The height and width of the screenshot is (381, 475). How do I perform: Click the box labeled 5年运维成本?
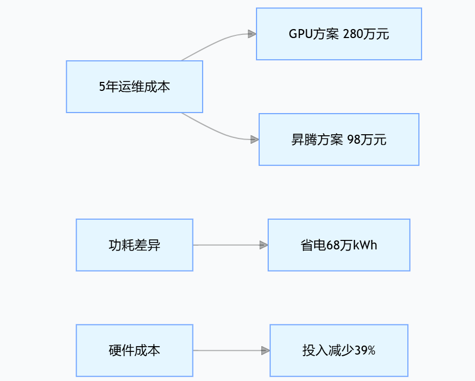pyautogui.click(x=134, y=87)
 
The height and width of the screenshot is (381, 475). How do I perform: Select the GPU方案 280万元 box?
pyautogui.click(x=339, y=34)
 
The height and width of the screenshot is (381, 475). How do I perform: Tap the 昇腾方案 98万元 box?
pyautogui.click(x=339, y=140)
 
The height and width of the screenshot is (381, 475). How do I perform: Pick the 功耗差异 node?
pyautogui.click(x=134, y=245)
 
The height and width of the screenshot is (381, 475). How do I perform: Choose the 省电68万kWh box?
pyautogui.click(x=339, y=245)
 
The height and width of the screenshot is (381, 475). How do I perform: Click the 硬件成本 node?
pyautogui.click(x=134, y=350)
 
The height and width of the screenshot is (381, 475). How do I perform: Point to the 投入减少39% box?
pyautogui.click(x=339, y=350)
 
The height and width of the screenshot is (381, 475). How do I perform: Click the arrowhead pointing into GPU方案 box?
pyautogui.click(x=252, y=34)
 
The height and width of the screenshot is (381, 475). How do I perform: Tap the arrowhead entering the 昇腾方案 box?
pyautogui.click(x=254, y=140)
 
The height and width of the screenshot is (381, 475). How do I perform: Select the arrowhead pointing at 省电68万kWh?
pyautogui.click(x=263, y=245)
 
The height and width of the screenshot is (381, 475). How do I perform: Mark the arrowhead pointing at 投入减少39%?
pyautogui.click(x=266, y=350)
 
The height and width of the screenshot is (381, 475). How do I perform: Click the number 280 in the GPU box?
pyautogui.click(x=353, y=34)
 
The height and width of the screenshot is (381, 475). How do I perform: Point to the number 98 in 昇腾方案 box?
pyautogui.click(x=353, y=140)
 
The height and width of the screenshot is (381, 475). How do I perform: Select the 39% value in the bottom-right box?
pyautogui.click(x=364, y=350)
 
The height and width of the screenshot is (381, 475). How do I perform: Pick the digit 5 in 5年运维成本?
pyautogui.click(x=102, y=87)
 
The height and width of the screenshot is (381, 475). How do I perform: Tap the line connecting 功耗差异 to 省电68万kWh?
pyautogui.click(x=227, y=245)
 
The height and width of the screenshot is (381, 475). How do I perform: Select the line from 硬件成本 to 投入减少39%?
pyautogui.click(x=227, y=350)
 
